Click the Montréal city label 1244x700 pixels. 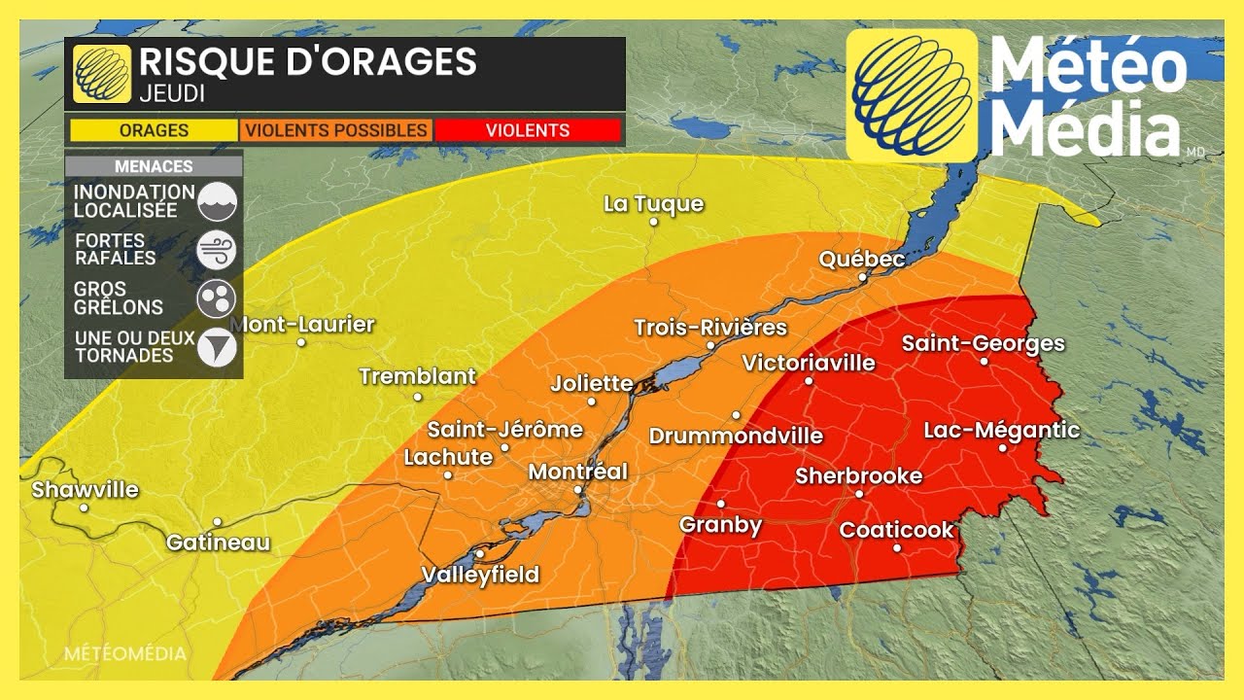point(577,472)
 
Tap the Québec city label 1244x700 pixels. point(862,259)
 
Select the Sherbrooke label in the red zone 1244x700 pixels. point(858,475)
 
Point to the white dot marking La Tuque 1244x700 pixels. point(654,222)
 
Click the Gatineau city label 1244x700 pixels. point(218,542)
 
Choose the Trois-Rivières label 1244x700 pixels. point(709,328)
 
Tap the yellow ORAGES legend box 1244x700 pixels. point(154,130)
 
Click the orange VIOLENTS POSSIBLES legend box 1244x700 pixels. point(335,130)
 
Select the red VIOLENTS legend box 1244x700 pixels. point(528,130)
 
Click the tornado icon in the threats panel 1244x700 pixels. point(217,348)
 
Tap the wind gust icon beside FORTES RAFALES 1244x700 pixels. point(217,250)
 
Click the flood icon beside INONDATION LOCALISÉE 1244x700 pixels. point(217,201)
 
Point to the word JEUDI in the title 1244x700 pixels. point(171,94)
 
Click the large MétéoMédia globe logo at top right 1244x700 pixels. point(912,95)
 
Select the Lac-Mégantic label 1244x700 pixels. point(1001,430)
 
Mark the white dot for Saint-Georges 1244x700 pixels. point(984,362)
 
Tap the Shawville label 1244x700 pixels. point(86,490)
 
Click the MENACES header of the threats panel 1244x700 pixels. point(154,166)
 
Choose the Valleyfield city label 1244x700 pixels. point(480,575)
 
